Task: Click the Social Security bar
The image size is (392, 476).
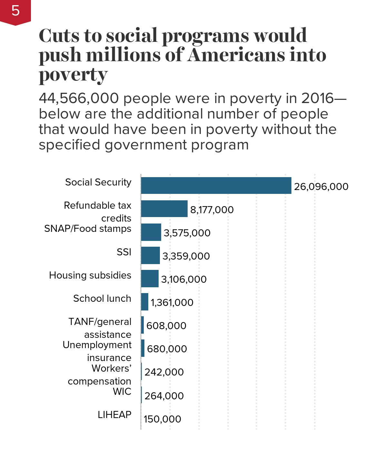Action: (216, 185)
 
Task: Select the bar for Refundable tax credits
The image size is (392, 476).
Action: (164, 209)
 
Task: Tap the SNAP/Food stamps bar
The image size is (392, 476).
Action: (151, 232)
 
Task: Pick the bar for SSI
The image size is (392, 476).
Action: (151, 255)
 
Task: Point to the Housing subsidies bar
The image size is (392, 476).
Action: (150, 279)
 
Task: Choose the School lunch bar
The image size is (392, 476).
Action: (145, 302)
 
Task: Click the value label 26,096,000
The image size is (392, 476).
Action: (321, 187)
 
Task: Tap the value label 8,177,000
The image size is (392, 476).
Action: (212, 210)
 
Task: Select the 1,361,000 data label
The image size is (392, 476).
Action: (172, 303)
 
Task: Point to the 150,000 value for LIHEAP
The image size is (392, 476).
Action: (162, 419)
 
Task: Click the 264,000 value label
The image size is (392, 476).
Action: (164, 396)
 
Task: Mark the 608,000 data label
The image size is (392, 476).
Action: (166, 326)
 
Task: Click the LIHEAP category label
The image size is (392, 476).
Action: (114, 414)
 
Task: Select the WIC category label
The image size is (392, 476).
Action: (122, 391)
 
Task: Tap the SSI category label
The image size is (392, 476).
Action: (124, 252)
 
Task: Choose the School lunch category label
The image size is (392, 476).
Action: (102, 298)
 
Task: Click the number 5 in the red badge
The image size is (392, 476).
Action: (15, 11)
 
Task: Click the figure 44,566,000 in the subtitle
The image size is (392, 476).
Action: (79, 99)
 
